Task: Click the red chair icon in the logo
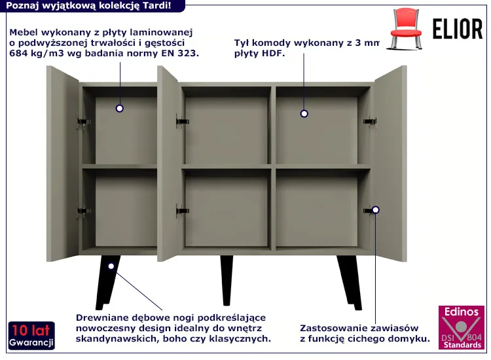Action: [405, 29]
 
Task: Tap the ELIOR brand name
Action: [458, 29]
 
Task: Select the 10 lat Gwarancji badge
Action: [31, 336]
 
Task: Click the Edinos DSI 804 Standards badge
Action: [462, 327]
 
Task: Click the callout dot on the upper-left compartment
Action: [119, 108]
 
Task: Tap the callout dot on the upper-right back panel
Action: [304, 114]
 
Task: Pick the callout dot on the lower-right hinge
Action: [376, 209]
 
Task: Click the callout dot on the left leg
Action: [111, 266]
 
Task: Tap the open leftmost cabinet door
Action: [63, 164]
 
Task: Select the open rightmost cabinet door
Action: [390, 164]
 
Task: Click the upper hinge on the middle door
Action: [182, 121]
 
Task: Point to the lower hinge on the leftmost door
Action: [84, 211]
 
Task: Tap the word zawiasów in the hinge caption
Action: [397, 328]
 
